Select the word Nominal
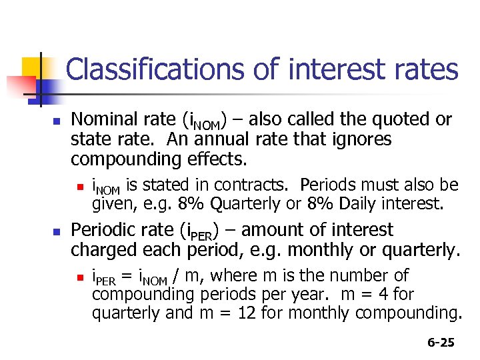(x=100, y=120)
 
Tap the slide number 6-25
(x=441, y=343)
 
